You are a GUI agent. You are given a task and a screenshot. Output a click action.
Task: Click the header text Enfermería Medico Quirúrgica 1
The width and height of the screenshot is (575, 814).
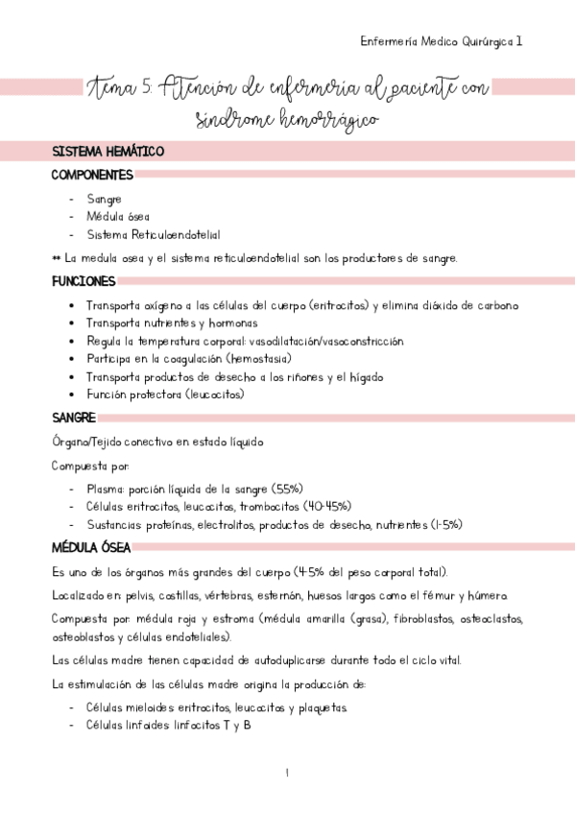(441, 41)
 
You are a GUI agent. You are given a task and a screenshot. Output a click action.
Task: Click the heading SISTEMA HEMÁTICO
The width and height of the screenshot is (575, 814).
(108, 152)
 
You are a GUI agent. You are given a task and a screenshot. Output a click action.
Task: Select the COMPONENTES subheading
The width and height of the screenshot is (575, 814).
(92, 175)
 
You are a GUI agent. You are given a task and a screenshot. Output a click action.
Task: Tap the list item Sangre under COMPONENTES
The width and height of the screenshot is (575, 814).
(104, 199)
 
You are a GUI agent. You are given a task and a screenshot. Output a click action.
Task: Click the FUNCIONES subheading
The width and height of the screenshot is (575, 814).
(84, 281)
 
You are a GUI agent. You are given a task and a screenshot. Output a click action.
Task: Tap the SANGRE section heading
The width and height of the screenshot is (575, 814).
(73, 418)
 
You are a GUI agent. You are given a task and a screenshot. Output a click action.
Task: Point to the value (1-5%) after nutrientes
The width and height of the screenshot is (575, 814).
(443, 523)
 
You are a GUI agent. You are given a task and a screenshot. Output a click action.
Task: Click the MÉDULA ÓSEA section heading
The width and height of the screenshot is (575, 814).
(91, 548)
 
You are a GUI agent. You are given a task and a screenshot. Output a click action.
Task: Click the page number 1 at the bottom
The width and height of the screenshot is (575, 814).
(287, 773)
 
